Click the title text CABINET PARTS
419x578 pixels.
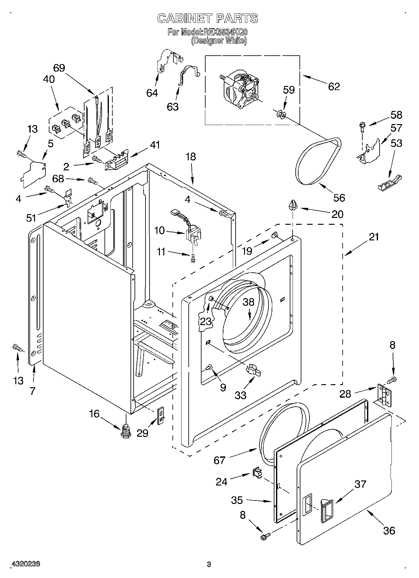click(x=207, y=18)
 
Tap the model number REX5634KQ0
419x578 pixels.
click(x=225, y=32)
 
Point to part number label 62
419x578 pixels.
click(x=334, y=86)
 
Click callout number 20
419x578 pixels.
click(x=338, y=214)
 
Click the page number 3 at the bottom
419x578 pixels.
click(x=209, y=564)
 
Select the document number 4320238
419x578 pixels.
click(x=26, y=564)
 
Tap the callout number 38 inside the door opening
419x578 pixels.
click(x=249, y=302)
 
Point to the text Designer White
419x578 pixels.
click(x=219, y=41)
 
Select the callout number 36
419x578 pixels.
click(x=389, y=530)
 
